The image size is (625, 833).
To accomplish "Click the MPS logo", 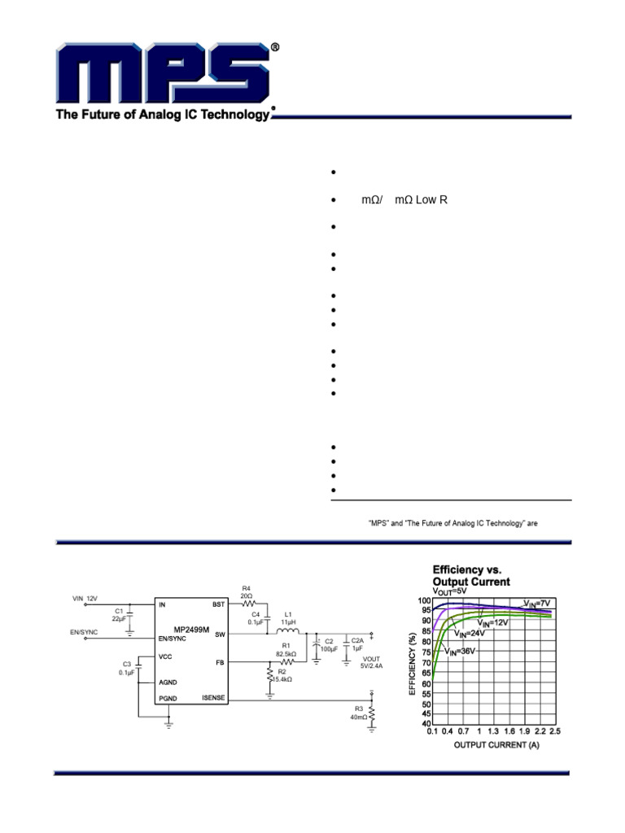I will [x=163, y=73].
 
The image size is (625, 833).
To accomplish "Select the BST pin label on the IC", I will [x=218, y=604].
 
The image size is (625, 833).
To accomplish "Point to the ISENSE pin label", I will [x=213, y=698].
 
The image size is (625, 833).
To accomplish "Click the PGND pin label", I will [x=168, y=698].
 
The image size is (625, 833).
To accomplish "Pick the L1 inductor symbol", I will [x=287, y=633].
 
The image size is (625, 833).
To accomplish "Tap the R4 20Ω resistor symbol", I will [x=248, y=604].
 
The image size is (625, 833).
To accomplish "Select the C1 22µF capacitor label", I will [x=119, y=615].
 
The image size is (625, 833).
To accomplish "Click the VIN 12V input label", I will [x=85, y=598].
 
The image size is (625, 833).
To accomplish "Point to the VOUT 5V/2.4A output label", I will [x=371, y=661].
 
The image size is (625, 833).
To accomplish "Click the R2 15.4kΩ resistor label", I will [x=283, y=675].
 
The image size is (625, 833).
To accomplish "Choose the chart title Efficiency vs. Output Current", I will [x=471, y=576].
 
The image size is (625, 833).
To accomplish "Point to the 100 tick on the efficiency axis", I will [x=424, y=601].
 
